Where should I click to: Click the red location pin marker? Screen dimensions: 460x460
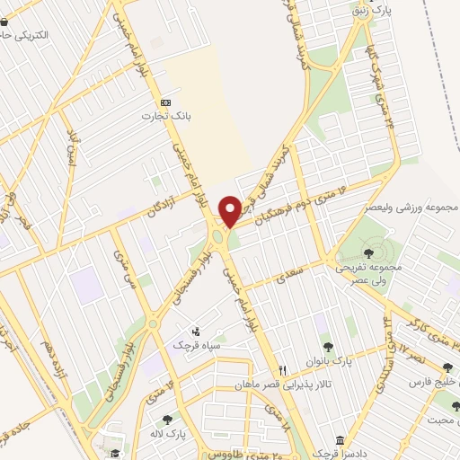point(230,211)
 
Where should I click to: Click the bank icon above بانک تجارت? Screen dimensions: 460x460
point(164,102)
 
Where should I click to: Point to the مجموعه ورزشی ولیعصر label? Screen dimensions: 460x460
point(411,208)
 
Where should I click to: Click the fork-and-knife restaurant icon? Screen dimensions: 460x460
point(281,369)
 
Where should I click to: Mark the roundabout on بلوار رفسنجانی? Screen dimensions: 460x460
point(153,323)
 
